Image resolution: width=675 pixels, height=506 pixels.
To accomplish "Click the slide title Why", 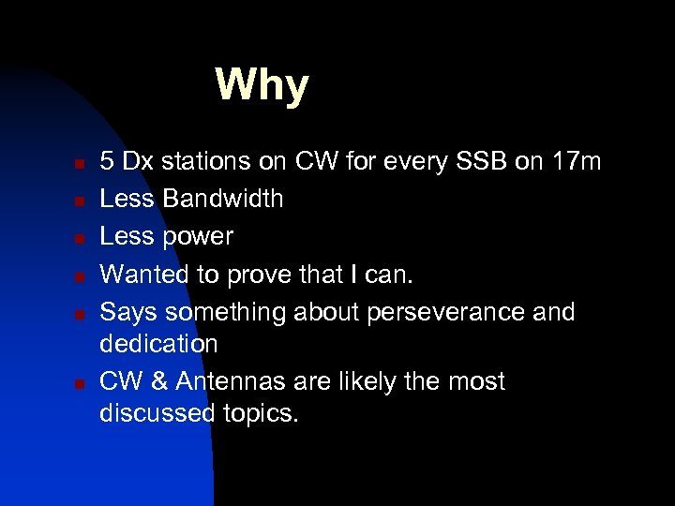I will point(262,85).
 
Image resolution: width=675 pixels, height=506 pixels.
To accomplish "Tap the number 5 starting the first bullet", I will point(108,162).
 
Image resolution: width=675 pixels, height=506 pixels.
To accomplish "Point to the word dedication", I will point(158,344).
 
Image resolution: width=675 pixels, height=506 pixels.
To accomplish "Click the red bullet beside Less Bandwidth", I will point(81,201).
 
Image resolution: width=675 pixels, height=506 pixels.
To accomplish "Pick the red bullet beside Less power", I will point(81,238).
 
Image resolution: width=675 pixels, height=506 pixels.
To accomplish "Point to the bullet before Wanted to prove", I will point(81,275).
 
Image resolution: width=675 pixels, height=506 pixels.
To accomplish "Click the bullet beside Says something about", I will point(81,313).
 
